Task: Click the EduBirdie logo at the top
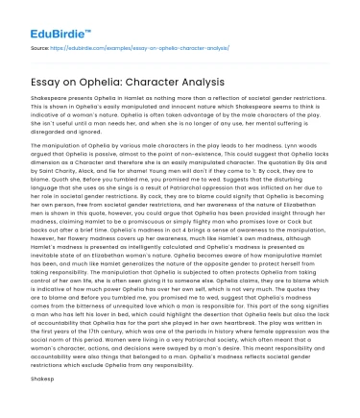(x=38, y=17)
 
